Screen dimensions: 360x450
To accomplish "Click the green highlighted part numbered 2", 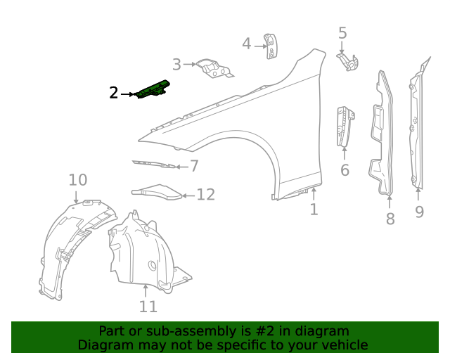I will click(x=153, y=89).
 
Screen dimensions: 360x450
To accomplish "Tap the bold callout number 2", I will click(x=114, y=93).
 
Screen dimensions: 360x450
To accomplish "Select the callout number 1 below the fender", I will click(x=314, y=209).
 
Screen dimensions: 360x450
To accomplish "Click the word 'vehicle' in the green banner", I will click(x=342, y=345).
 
